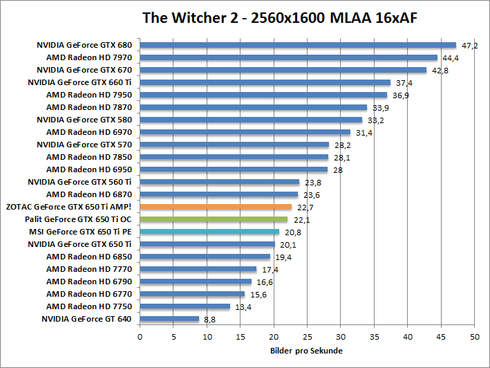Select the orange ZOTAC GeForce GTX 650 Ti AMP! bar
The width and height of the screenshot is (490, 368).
tap(216, 206)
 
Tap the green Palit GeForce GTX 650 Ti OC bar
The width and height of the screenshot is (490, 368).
tap(214, 219)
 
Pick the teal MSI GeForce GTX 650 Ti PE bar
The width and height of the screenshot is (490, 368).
tap(209, 231)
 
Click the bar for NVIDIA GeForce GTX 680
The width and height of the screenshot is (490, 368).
tap(298, 45)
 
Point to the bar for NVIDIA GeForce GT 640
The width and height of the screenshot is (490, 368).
tap(169, 319)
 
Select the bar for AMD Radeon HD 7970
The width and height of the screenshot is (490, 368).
tap(289, 57)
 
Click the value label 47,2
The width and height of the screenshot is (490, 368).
tap(470, 46)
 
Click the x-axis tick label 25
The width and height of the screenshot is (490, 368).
tap(308, 337)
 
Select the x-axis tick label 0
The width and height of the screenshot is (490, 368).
tap(140, 337)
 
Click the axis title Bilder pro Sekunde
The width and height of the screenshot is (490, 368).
tap(305, 351)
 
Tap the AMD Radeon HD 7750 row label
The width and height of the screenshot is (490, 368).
tap(88, 306)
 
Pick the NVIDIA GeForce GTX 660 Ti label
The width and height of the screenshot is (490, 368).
tap(79, 82)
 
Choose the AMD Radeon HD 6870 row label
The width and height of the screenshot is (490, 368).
tap(88, 194)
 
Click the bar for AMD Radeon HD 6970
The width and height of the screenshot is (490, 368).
tap(245, 132)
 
